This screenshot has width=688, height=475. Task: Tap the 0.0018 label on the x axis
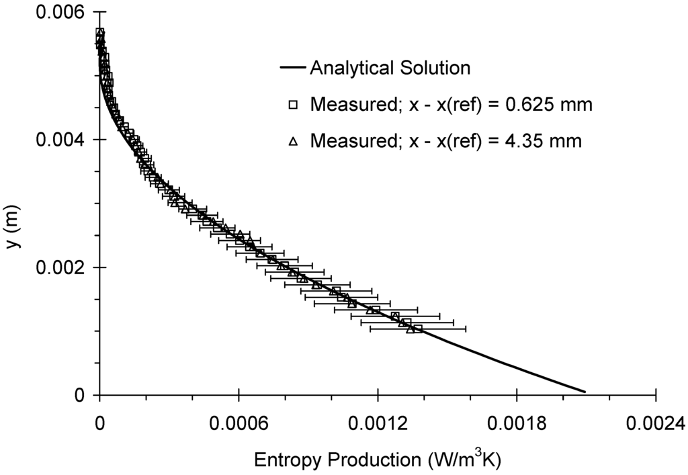tap(516, 423)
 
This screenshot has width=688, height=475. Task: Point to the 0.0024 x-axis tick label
tap(655, 423)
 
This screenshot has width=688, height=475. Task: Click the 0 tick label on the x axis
tap(99, 423)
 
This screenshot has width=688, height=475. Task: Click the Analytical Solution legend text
tap(390, 68)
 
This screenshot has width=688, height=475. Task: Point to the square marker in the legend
tap(293, 105)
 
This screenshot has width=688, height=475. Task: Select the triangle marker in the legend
tap(293, 141)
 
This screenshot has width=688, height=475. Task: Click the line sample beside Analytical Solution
tap(293, 69)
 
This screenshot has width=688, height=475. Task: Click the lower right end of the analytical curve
tap(585, 392)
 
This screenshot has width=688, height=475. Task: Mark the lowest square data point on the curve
tap(418, 329)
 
